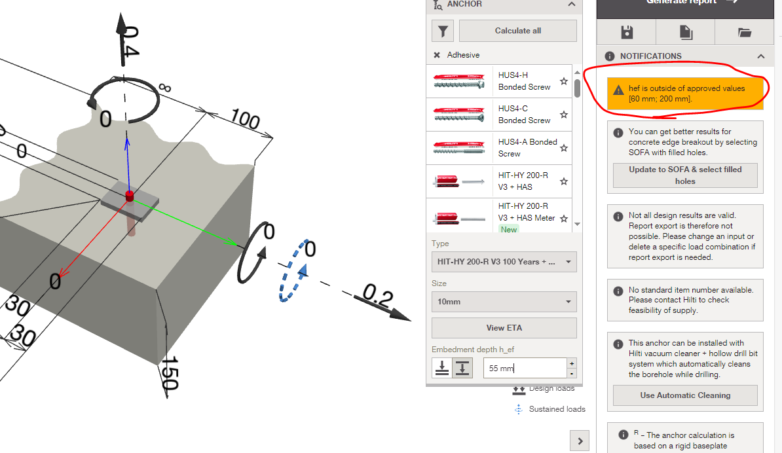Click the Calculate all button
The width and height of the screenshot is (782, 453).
click(x=517, y=31)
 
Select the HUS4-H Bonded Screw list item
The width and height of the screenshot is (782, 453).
click(x=498, y=81)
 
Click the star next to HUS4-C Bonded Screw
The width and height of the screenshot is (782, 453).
click(x=564, y=115)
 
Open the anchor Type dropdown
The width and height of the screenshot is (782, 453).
click(x=504, y=262)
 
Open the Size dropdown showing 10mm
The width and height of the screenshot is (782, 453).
click(x=504, y=302)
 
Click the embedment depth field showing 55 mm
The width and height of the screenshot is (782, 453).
click(x=523, y=368)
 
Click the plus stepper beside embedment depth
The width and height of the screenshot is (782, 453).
click(x=572, y=363)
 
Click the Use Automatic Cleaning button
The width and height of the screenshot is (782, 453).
click(x=685, y=395)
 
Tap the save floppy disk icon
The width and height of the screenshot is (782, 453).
click(x=627, y=31)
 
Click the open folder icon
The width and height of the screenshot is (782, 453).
click(x=744, y=31)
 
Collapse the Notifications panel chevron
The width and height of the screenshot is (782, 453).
click(x=760, y=56)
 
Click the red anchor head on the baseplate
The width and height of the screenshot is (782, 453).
click(x=129, y=194)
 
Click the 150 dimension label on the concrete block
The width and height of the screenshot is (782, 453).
click(x=170, y=373)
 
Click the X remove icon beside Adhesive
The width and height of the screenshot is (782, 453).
click(x=437, y=55)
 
